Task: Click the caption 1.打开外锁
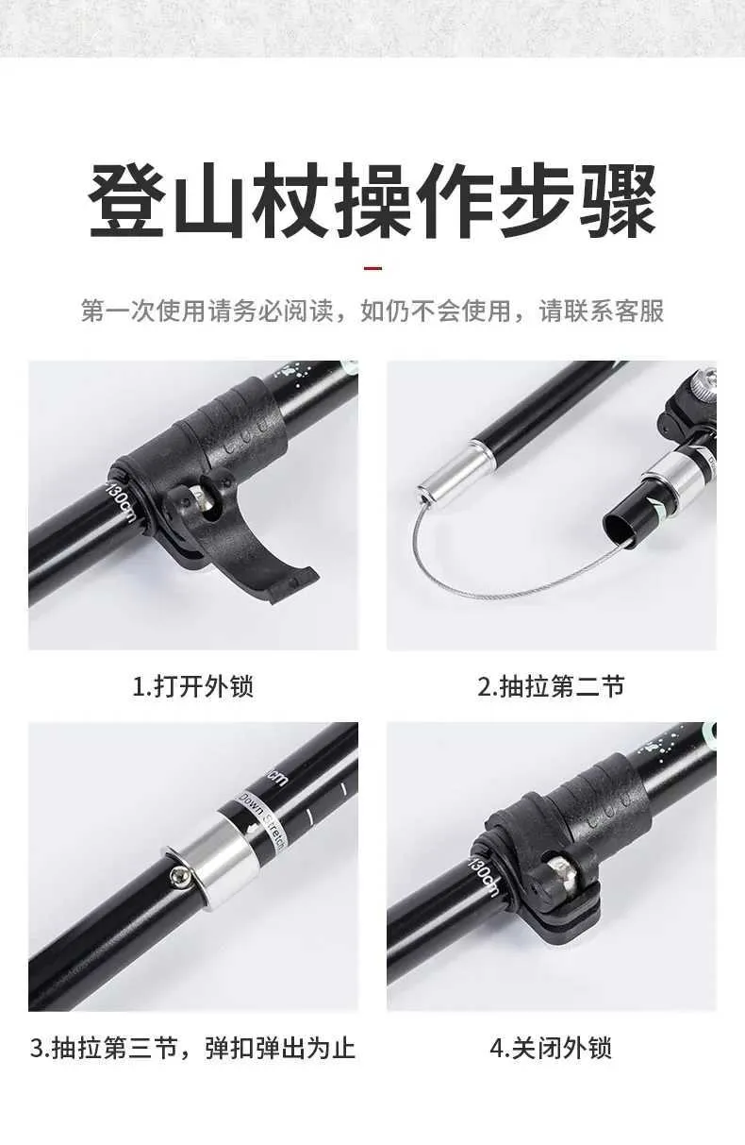pyautogui.click(x=193, y=686)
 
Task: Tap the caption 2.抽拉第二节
pyautogui.click(x=551, y=686)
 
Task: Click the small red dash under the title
pyautogui.click(x=372, y=268)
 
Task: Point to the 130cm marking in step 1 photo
pyautogui.click(x=121, y=502)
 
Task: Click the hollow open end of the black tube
pyautogui.click(x=621, y=528)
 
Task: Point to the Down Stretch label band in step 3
pyautogui.click(x=260, y=821)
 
